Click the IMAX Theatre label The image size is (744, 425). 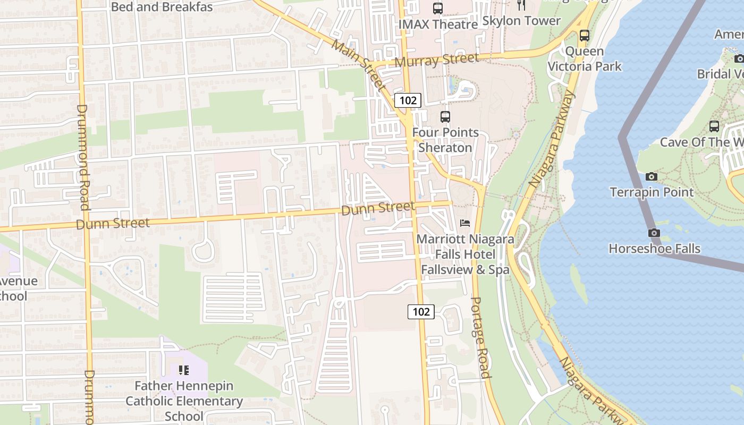coord(438,24)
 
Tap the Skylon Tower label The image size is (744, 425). coord(521,21)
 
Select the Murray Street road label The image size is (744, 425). coord(437,61)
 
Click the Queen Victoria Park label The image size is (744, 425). coord(585,59)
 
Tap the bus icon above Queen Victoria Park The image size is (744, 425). coord(585,36)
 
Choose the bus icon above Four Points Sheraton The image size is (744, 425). coord(445,117)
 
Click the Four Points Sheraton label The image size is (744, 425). coord(445,140)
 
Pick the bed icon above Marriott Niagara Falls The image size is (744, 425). coord(465,223)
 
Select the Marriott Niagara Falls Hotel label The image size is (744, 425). coord(465,254)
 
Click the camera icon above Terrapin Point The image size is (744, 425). coord(652,176)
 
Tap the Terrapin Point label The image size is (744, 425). coord(652,192)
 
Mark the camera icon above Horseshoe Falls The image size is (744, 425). coord(654,233)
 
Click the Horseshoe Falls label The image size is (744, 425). coord(654,249)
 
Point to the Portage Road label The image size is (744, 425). coord(479,337)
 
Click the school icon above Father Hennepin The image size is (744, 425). coord(183,370)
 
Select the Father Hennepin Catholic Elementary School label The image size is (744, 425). coord(184,401)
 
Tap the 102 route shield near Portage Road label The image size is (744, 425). coord(421,312)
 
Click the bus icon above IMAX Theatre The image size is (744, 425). coord(438,8)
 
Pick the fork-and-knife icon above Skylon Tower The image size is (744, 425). coord(521,5)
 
